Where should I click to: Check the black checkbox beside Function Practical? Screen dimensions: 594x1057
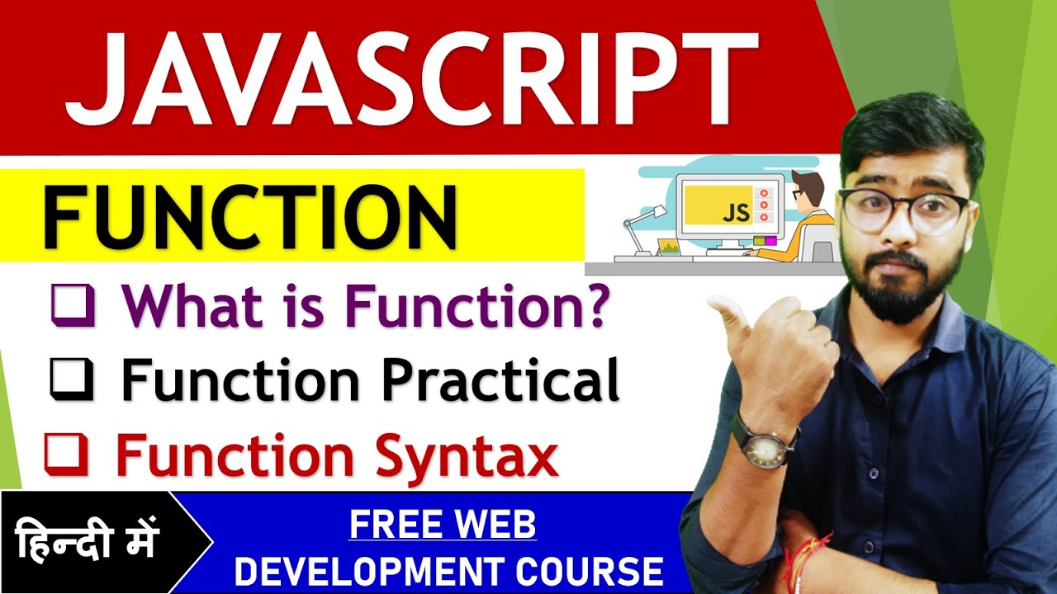[x=72, y=380]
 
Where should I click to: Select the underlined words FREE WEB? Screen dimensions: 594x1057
[x=443, y=525]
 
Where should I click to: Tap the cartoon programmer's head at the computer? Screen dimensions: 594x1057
[x=806, y=187]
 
